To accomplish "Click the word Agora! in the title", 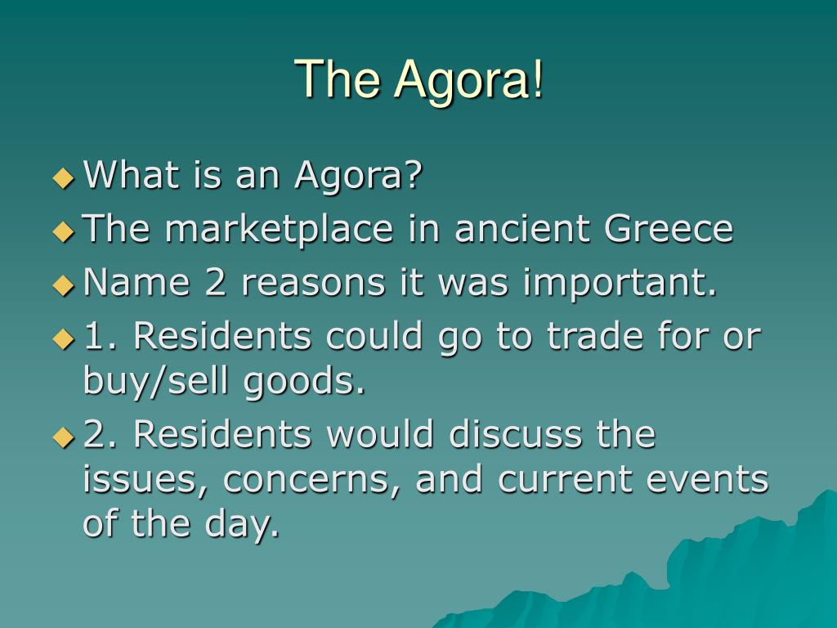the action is pos(468,79).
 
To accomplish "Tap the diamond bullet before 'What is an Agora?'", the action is pos(64,177).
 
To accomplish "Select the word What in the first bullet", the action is pos(132,174).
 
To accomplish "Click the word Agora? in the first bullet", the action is pos(359,176).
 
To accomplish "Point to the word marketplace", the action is pos(279,229).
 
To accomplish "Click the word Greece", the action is pos(669,228).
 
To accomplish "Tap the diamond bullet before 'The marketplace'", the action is pos(64,231).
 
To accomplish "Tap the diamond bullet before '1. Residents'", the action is pos(64,339).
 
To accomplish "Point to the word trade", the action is pos(595,335).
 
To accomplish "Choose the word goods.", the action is pos(304,381).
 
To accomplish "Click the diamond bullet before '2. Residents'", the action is pos(64,437).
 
